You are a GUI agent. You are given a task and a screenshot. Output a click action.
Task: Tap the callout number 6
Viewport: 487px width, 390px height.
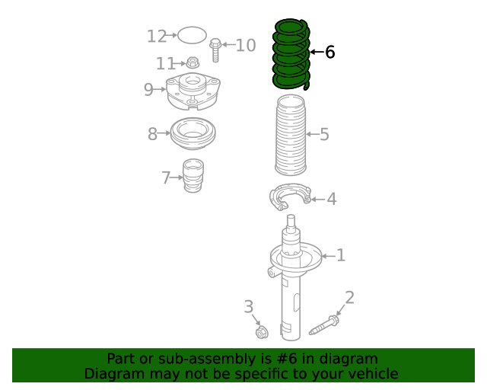(329, 52)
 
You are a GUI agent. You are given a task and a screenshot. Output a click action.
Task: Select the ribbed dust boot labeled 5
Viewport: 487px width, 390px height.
(291, 135)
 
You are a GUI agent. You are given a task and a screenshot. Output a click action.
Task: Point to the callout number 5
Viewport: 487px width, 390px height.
(324, 134)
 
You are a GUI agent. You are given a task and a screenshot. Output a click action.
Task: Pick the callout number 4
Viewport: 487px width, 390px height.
(332, 199)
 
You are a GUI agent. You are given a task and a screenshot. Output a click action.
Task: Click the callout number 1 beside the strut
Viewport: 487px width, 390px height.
(341, 255)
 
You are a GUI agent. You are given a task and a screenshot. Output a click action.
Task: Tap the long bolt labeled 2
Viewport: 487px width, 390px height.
(324, 326)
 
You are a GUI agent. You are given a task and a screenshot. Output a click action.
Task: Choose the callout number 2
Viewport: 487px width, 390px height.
(350, 298)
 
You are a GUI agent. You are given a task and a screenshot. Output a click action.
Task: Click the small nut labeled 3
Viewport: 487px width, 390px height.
(262, 332)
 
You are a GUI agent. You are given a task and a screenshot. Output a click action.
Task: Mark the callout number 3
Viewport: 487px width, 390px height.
(249, 307)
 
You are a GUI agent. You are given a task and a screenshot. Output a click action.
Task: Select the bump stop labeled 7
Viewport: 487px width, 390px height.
(193, 176)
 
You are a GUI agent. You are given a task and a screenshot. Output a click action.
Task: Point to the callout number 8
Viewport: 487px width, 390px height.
(152, 134)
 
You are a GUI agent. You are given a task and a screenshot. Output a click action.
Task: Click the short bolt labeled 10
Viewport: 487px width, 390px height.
(215, 50)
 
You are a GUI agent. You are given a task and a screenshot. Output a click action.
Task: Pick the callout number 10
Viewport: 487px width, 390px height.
(246, 46)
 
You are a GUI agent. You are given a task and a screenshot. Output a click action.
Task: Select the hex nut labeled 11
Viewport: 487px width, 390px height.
(193, 62)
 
